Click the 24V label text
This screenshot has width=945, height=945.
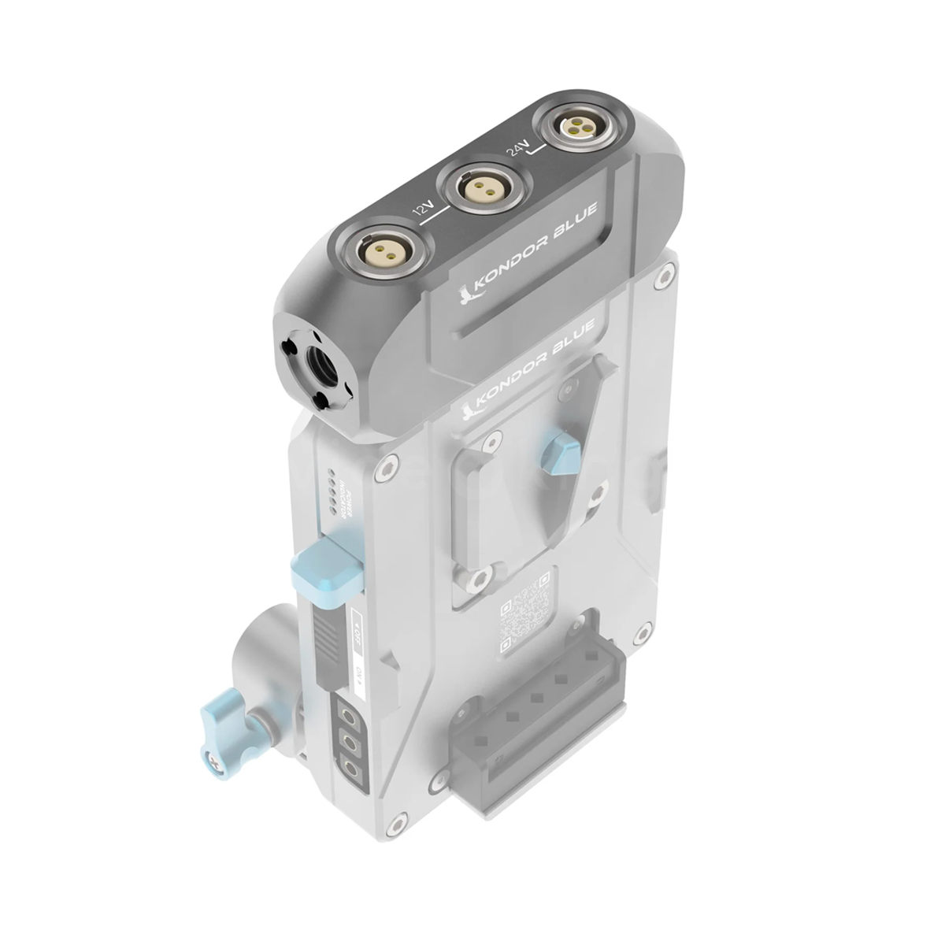517,144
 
